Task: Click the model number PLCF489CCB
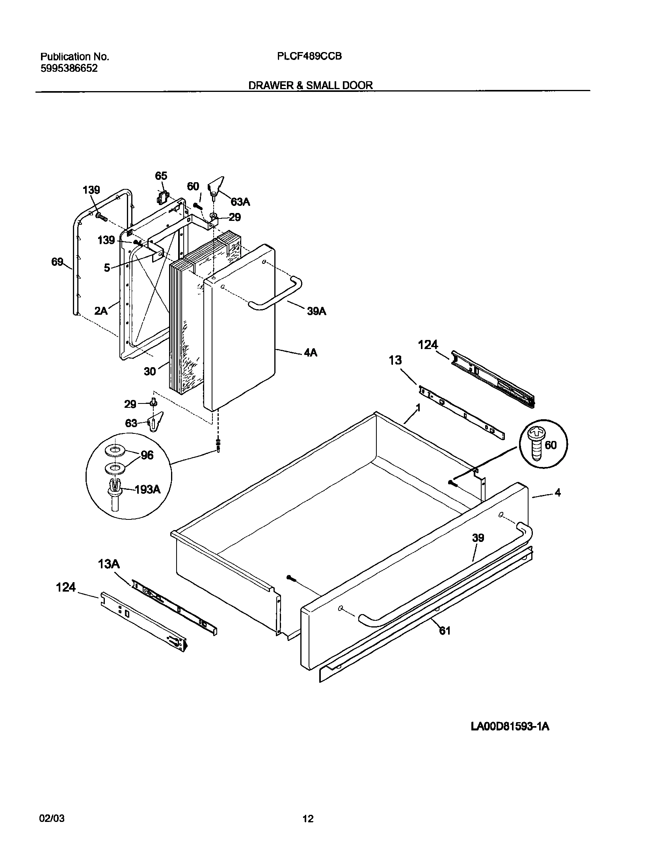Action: pos(309,56)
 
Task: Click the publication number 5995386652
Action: pos(69,68)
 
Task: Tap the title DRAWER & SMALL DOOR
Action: pos(310,85)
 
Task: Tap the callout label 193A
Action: pos(147,489)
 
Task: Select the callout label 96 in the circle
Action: pos(147,455)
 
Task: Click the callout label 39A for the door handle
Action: pos(316,311)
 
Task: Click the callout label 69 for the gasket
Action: pos(57,261)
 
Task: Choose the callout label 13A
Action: pos(109,564)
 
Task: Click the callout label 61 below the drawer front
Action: pos(445,631)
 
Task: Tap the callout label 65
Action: pos(161,176)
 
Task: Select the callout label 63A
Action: pos(240,202)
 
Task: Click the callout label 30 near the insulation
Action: pos(150,371)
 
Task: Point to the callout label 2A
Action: pos(101,311)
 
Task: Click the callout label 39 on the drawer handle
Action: pos(478,538)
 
